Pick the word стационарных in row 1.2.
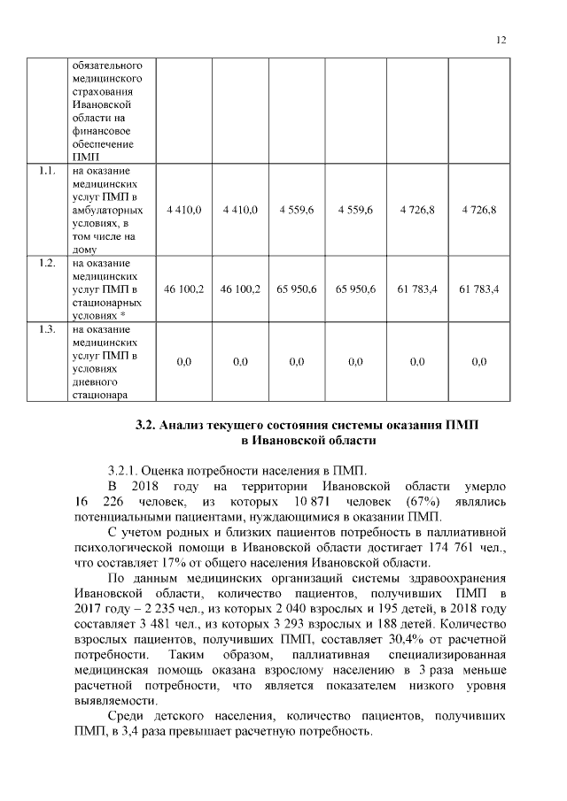tap(104, 302)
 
